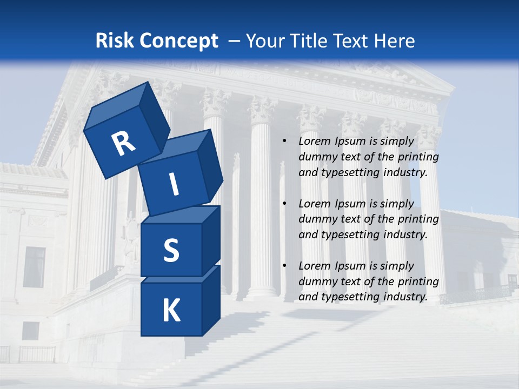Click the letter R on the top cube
[x=123, y=143]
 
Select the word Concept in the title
[x=179, y=41]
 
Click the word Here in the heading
[x=395, y=41]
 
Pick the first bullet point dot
[x=284, y=142]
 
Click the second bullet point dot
[x=284, y=204]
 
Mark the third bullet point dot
[x=284, y=266]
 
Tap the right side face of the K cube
[x=211, y=300]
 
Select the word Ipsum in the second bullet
[x=350, y=204]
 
